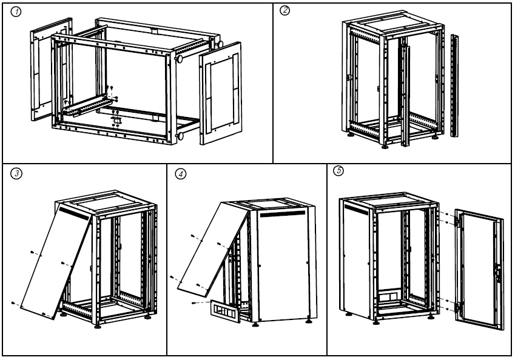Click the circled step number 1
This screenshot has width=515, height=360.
(16, 12)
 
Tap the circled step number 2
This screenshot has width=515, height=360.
(284, 10)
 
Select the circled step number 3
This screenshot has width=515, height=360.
(16, 173)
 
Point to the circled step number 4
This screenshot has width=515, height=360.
(181, 173)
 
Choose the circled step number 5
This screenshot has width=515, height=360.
(338, 171)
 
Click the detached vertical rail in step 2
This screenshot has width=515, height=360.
(454, 85)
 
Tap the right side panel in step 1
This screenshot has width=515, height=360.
(221, 93)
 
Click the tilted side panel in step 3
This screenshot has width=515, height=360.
(56, 261)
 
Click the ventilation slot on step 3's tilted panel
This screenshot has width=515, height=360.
(74, 213)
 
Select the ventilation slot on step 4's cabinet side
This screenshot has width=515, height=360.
(283, 214)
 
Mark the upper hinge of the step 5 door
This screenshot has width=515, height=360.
(457, 221)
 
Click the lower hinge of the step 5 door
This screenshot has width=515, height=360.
(457, 307)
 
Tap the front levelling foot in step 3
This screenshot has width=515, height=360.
(97, 327)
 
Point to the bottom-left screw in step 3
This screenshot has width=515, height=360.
(13, 303)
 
